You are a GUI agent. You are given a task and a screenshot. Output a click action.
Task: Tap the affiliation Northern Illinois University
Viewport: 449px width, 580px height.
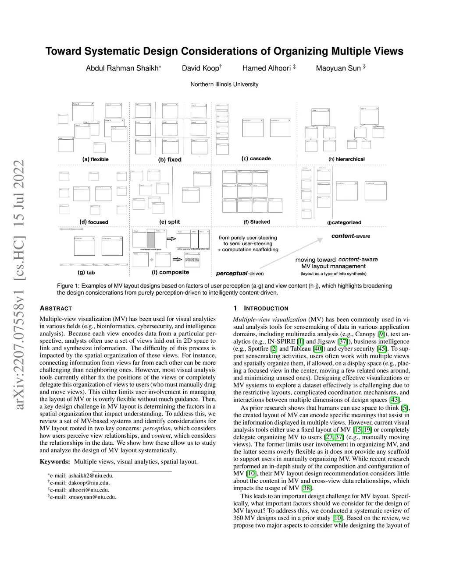pos(224,84)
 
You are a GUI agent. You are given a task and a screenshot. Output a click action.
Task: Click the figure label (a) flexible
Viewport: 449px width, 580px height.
pos(95,159)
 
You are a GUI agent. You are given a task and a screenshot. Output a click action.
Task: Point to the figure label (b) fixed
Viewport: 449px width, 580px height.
pos(170,159)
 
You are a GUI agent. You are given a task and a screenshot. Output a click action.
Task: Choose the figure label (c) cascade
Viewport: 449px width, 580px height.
pos(256,158)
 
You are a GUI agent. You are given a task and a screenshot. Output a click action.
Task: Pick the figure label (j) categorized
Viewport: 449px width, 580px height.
pos(344,222)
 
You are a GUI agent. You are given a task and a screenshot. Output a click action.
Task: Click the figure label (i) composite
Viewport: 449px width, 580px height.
pos(170,272)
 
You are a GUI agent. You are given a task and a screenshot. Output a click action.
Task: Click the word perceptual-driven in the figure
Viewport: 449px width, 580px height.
pos(240,274)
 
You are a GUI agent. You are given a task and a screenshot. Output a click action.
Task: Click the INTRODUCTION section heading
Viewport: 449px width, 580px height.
pos(266,308)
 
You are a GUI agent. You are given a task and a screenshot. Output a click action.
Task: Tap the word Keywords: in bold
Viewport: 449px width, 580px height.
pos(55,461)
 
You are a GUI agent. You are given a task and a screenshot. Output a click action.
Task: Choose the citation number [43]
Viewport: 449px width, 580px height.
pos(394,400)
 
